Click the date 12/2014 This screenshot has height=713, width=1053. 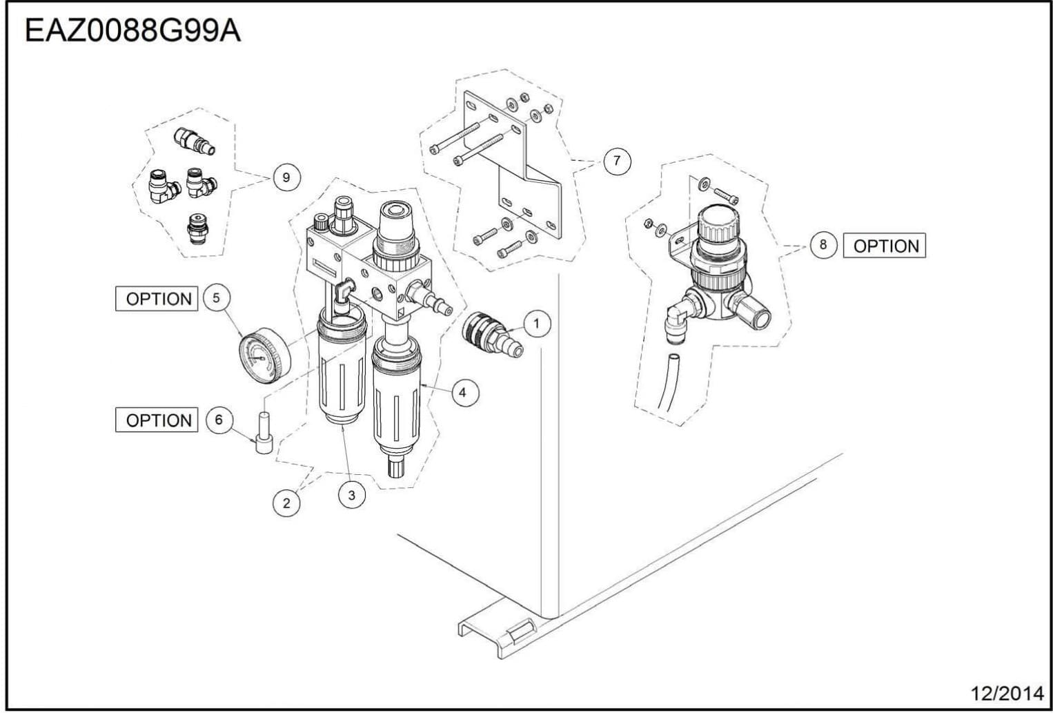(x=1007, y=693)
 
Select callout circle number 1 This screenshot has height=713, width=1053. (x=537, y=323)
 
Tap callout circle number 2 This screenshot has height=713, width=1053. (x=286, y=503)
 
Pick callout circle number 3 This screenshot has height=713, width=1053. (x=352, y=495)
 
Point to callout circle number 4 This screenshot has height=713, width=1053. (x=462, y=392)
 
